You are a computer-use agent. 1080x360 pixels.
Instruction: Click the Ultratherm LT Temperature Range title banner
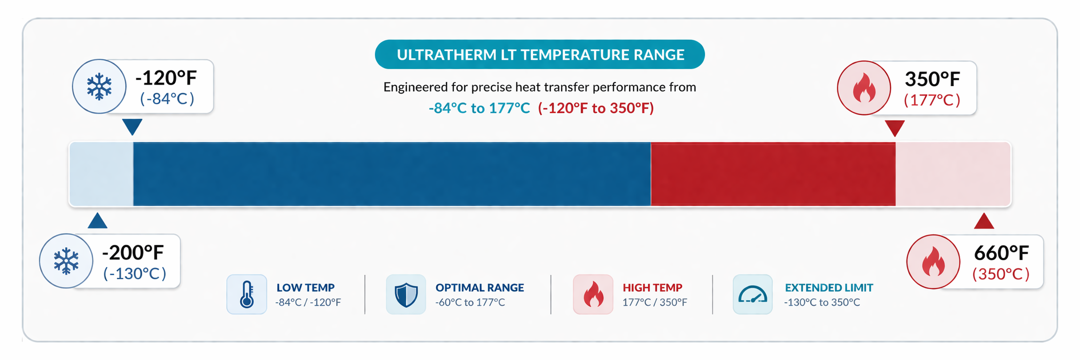pos(540,54)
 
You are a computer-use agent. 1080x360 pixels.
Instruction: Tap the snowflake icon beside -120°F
pos(99,87)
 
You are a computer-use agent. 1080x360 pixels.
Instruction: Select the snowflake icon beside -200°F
pos(66,261)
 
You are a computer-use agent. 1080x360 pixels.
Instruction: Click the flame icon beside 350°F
pos(864,88)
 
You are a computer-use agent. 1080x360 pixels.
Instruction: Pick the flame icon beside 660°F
pos(933,262)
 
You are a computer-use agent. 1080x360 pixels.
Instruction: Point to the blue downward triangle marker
pos(132,126)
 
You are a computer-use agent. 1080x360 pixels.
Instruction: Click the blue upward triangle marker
pos(97,221)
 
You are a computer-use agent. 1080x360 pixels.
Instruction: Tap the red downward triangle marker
pos(895,128)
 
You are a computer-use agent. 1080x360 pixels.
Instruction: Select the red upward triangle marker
pos(984,221)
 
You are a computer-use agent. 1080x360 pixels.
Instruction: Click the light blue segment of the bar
pos(101,174)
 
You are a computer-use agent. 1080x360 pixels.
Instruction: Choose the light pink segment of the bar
pos(953,174)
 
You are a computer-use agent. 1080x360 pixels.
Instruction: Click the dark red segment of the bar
pos(773,174)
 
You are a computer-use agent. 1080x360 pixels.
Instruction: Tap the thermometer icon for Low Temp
pos(247,294)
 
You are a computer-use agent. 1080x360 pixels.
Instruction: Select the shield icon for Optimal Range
pos(406,294)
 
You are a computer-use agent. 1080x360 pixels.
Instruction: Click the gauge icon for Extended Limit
pos(753,294)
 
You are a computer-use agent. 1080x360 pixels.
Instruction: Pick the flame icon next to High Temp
pos(593,294)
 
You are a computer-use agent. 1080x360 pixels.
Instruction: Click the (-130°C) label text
pos(135,273)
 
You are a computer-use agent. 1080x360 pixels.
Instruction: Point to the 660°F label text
pos(1001,253)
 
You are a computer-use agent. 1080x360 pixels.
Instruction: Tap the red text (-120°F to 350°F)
pos(596,108)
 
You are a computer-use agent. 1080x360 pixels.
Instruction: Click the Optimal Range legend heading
pos(480,287)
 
